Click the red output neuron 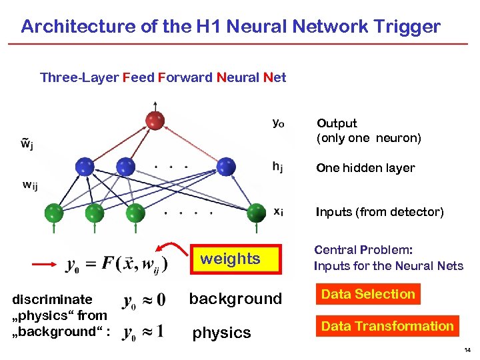point(155,121)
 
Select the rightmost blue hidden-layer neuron point(227,166)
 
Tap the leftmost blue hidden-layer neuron point(84,166)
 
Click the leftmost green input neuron point(53,213)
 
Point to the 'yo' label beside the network point(279,123)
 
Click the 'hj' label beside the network point(277,168)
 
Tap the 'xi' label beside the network point(277,211)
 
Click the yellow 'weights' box point(230,259)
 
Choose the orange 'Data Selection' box point(368,294)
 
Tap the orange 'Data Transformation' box point(387,326)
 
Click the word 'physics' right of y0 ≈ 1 point(221,333)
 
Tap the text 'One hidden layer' point(365,168)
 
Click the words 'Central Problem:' point(363,250)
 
